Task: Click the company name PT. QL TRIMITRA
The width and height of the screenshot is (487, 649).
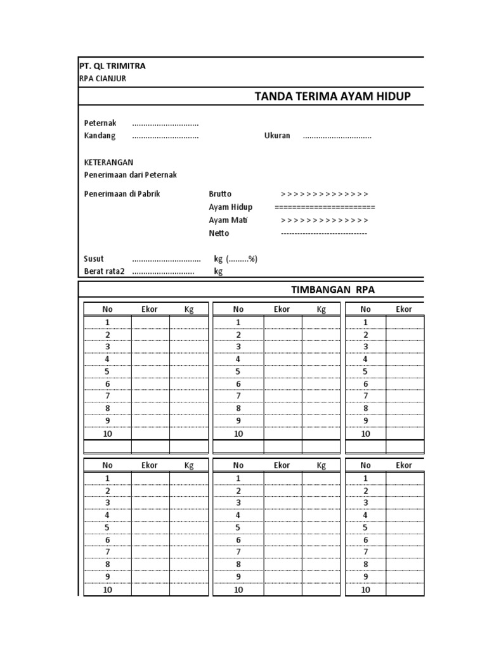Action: (x=112, y=66)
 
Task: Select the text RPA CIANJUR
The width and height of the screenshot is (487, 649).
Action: (x=102, y=79)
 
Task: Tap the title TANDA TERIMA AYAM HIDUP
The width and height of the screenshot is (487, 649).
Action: (x=332, y=96)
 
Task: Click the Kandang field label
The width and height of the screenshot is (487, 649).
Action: (x=100, y=136)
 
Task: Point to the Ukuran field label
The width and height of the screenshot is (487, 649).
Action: (x=277, y=136)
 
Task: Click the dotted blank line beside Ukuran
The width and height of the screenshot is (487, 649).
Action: (x=337, y=137)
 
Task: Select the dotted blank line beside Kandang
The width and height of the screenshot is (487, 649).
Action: (x=165, y=137)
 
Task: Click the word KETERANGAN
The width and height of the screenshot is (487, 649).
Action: (x=108, y=162)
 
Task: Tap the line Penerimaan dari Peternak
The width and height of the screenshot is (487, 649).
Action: (x=130, y=175)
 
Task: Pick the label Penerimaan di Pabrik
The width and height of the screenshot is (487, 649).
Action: (x=122, y=194)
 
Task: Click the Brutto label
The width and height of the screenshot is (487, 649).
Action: (x=220, y=194)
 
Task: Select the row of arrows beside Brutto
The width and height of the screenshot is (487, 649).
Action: (x=324, y=194)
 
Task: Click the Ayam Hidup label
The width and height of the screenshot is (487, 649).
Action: (x=230, y=207)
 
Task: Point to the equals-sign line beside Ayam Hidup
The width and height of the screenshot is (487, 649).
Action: (x=325, y=207)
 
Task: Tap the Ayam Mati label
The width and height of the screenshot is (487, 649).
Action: (x=228, y=221)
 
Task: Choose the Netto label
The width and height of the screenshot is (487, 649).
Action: (x=219, y=233)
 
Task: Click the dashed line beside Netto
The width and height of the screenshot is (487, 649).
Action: (x=324, y=233)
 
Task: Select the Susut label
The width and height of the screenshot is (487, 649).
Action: (x=94, y=259)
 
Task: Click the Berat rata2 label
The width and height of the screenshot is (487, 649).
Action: (x=105, y=272)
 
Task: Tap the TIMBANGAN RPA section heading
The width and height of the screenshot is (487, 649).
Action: (x=332, y=290)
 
